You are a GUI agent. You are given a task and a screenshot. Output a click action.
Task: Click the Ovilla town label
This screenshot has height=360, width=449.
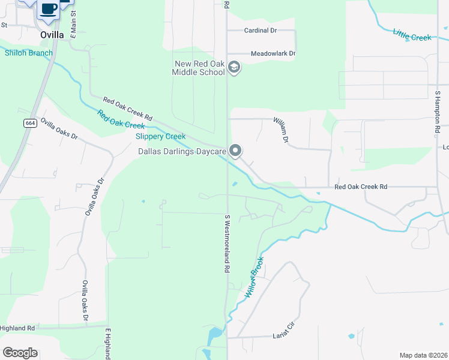coord(52,35)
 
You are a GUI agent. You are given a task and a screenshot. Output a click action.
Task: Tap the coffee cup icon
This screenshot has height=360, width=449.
coord(49,9)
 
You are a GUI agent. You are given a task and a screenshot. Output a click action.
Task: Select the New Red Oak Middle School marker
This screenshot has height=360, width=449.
coord(235,67)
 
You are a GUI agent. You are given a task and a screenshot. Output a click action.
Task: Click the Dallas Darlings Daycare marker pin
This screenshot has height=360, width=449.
coord(236,150)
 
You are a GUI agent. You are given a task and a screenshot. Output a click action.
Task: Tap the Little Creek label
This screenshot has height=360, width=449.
coord(412,34)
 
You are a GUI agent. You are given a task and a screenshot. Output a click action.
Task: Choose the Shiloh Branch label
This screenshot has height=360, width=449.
coord(29,53)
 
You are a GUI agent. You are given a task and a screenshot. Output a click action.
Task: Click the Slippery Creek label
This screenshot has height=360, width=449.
coord(160,136)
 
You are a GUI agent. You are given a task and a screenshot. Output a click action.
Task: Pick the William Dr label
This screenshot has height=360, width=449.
coord(281,130)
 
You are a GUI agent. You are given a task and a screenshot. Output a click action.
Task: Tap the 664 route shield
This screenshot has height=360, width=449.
coord(30,123)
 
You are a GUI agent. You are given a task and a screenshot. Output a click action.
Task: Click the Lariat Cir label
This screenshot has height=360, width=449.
coord(285,330)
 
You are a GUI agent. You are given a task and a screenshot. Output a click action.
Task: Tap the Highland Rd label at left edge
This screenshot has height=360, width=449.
coord(17,328)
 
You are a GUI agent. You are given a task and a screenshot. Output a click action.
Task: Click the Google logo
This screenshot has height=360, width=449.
coord(20,353)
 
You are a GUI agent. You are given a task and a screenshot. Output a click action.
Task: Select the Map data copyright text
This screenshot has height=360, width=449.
coord(423,355)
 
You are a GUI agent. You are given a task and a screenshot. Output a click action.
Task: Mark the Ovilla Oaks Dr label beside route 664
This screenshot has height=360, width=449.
coord(59,128)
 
